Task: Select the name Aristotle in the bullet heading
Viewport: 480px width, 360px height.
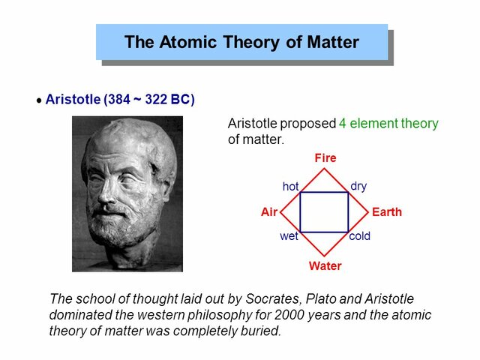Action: coord(73,99)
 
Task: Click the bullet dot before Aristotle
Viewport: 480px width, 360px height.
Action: coord(39,101)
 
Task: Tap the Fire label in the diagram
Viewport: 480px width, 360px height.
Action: coord(325,158)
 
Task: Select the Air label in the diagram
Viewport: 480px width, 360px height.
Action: coord(269,212)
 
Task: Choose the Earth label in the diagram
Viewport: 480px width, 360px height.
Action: coord(386,212)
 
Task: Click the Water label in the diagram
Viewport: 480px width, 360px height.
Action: coord(325,266)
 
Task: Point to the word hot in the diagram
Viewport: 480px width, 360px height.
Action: coord(290,186)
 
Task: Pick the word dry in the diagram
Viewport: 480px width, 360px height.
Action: coord(358,186)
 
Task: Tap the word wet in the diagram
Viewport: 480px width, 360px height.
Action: coord(289,236)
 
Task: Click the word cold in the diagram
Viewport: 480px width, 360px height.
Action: coord(360,236)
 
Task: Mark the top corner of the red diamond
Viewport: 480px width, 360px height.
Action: coord(325,168)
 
